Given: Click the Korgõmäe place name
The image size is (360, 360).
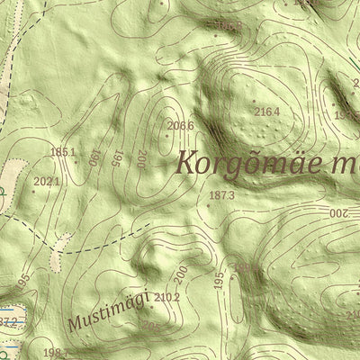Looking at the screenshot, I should pyautogui.click(x=252, y=164).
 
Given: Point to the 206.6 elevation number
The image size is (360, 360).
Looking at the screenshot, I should pyautogui.click(x=181, y=125).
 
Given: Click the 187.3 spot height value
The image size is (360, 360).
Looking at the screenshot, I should pyautogui.click(x=221, y=195).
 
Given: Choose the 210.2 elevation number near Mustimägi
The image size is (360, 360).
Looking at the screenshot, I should pyautogui.click(x=168, y=297).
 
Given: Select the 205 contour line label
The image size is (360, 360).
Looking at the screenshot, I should pyautogui.click(x=151, y=327).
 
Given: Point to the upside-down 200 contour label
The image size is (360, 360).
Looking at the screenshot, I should pyautogui.click(x=337, y=213).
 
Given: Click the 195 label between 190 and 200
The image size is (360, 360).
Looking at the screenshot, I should pyautogui.click(x=118, y=159).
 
